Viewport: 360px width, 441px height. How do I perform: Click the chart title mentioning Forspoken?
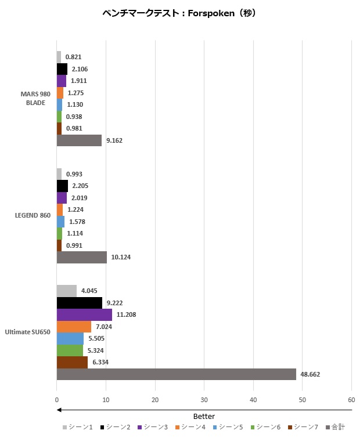[x=178, y=13]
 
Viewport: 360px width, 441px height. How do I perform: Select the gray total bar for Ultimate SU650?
[x=176, y=374]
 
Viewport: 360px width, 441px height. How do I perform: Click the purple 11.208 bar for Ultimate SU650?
[x=84, y=315]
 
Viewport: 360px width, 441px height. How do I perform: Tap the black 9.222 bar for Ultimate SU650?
[x=79, y=303]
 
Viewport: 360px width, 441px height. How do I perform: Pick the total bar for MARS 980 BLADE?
[x=79, y=140]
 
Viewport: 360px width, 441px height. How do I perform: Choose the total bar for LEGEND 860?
[x=81, y=257]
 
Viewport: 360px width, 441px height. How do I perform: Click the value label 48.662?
[x=311, y=374]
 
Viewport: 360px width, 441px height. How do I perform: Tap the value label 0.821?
[x=73, y=57]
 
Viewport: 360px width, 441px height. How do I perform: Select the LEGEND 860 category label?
[x=33, y=216]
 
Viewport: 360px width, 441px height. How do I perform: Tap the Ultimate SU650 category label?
[x=28, y=332]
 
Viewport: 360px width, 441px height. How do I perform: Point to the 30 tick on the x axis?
[x=204, y=400]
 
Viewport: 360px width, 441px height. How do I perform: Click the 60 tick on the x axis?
[x=351, y=400]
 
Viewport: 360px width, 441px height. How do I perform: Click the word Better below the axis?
[x=204, y=417]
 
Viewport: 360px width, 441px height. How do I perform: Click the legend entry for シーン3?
[x=153, y=428]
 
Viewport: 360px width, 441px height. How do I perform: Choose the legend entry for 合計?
[x=337, y=428]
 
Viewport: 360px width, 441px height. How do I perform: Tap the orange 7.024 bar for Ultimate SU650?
[x=74, y=327]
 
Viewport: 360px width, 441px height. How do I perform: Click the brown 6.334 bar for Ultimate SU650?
[x=72, y=362]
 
